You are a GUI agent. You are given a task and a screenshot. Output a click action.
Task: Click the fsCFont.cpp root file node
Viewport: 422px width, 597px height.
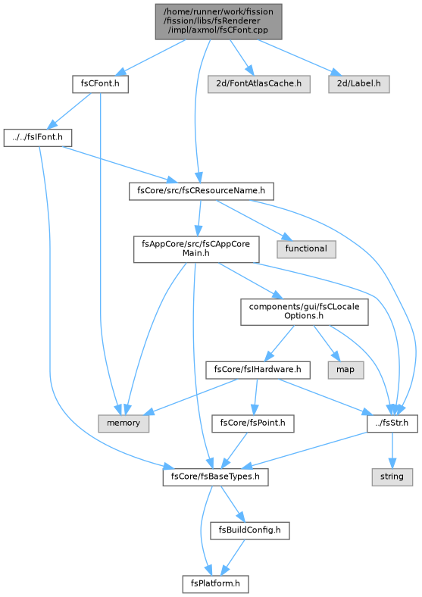[x=218, y=21]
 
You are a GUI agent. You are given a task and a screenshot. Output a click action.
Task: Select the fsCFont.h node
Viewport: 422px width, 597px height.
[x=100, y=84]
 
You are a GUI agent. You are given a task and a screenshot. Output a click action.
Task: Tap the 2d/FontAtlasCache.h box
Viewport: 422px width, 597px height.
[x=258, y=84]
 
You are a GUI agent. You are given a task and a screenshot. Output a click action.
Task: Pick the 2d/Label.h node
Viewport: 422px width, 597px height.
[x=359, y=84]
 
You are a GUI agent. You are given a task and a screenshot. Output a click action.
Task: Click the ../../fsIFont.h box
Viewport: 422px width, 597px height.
[x=38, y=137]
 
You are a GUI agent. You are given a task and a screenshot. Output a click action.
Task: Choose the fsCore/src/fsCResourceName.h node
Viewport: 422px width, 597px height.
[x=201, y=191]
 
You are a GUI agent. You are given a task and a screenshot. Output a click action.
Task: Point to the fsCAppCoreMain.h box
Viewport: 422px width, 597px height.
[x=196, y=249]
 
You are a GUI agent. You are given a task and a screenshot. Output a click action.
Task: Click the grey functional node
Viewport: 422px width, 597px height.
[x=306, y=249]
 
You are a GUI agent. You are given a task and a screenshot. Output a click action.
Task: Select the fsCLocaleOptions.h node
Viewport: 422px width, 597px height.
[x=304, y=312]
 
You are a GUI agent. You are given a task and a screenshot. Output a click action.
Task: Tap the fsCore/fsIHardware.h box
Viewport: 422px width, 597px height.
[x=258, y=370]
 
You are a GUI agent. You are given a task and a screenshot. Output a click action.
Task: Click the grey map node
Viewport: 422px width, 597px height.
[x=345, y=370]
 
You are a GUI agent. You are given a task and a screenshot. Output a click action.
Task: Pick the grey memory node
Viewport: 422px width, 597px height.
[x=123, y=424]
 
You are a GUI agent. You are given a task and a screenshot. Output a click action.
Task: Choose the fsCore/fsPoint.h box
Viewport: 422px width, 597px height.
[x=252, y=424]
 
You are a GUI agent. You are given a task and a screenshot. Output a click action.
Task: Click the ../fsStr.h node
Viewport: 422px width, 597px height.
[x=392, y=424]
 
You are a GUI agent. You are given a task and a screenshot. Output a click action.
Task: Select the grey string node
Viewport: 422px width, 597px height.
[x=392, y=477]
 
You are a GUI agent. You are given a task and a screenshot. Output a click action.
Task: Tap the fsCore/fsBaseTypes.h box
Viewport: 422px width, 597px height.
[x=215, y=477]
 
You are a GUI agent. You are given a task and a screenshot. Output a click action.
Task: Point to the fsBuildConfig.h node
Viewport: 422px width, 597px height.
[x=249, y=530]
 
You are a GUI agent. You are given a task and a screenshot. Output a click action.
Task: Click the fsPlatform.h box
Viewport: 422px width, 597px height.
[x=215, y=584]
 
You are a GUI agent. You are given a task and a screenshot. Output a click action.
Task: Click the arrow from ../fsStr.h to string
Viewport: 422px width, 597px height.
[x=392, y=451]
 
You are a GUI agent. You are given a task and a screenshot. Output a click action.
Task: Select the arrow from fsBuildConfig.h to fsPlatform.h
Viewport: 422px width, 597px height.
[x=233, y=558]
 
